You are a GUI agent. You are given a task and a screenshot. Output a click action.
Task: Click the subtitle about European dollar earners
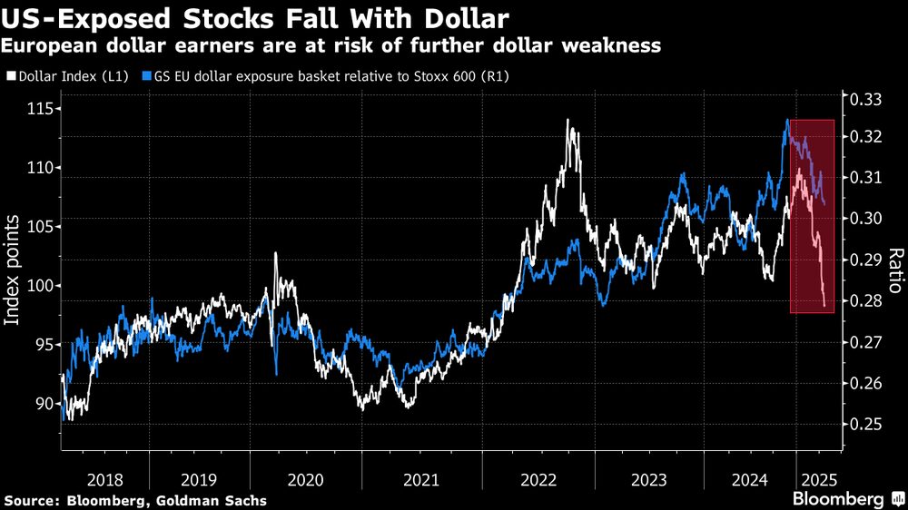click(331, 45)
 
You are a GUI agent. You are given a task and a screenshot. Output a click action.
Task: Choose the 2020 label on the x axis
click(305, 479)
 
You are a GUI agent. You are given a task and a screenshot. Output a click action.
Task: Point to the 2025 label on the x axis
click(817, 479)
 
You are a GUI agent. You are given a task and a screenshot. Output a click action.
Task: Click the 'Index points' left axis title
click(13, 270)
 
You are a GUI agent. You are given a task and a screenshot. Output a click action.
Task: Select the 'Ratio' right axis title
click(894, 270)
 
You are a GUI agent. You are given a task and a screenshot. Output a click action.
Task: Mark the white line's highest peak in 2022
click(568, 120)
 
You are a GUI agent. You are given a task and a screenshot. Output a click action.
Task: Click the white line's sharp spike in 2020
click(276, 254)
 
